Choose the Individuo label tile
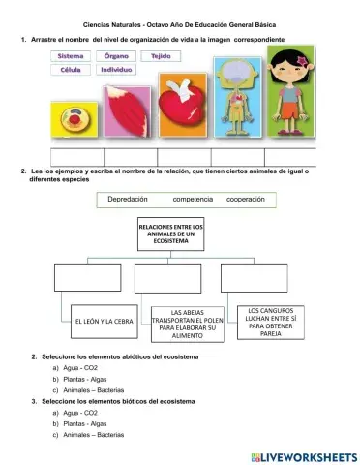coord(116,70)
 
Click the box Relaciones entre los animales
coord(171,233)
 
